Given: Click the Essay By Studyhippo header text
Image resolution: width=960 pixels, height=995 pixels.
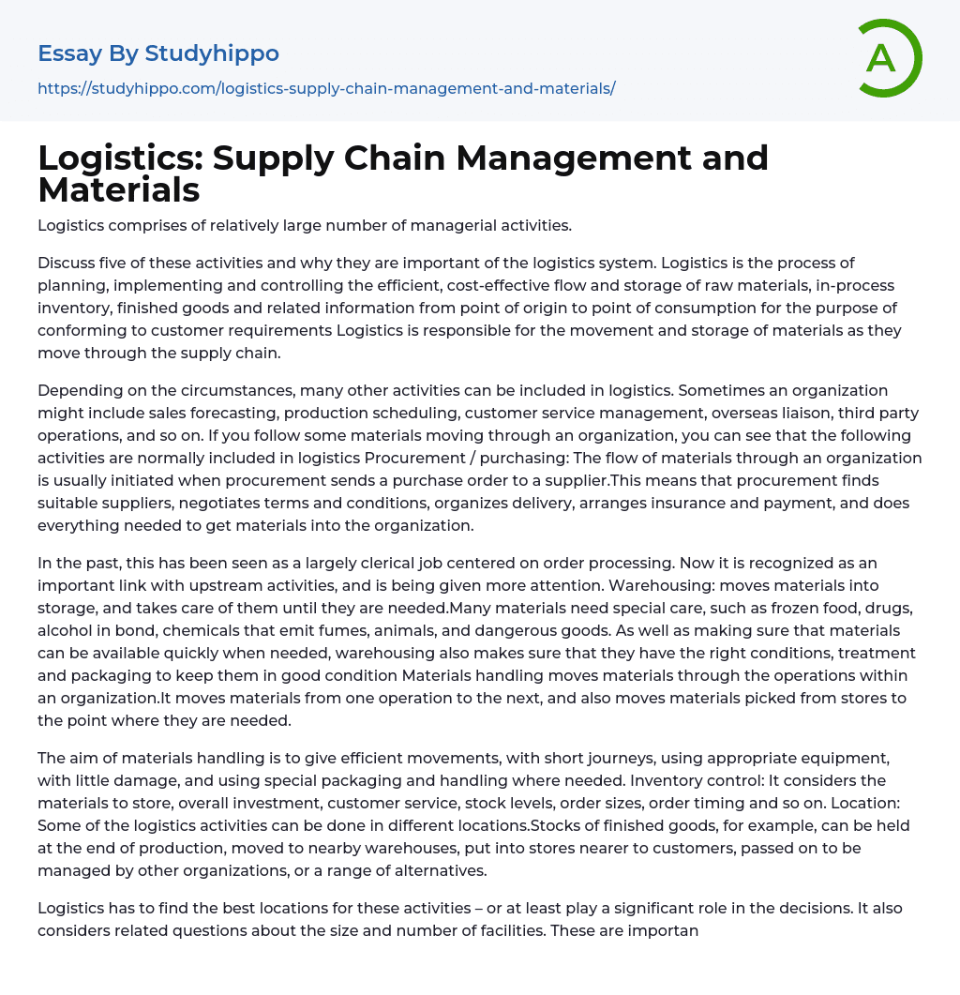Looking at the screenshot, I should (x=158, y=53).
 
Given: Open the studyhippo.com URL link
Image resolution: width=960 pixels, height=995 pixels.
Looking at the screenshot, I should (x=326, y=88).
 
